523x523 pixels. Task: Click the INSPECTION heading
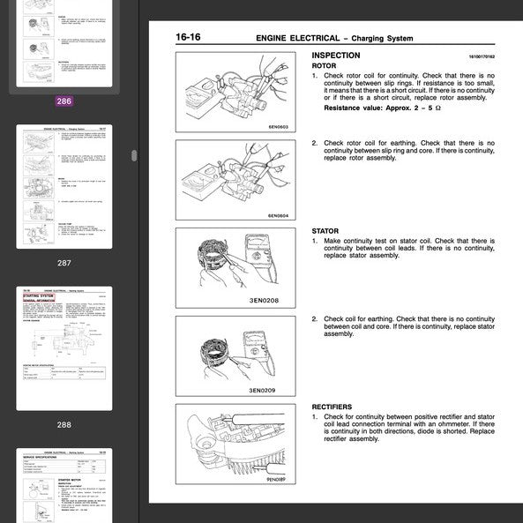(337, 56)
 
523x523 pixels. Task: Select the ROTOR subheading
(325, 66)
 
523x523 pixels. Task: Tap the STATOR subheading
(325, 231)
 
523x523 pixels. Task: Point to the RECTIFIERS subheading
(333, 407)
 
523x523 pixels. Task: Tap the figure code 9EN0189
(280, 480)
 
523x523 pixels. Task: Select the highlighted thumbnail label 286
(64, 101)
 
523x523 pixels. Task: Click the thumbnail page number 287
(64, 263)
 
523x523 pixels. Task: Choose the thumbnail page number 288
(64, 424)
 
